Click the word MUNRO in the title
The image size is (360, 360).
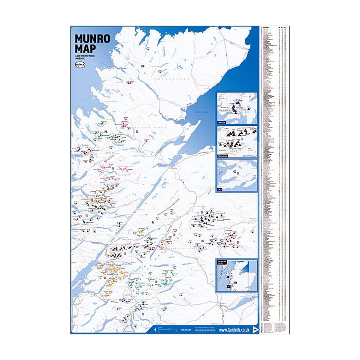point(91,39)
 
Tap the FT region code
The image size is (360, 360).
point(142,312)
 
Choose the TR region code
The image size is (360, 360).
point(155,282)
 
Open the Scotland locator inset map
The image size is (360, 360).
point(237,275)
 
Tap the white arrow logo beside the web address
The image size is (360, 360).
point(256,329)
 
